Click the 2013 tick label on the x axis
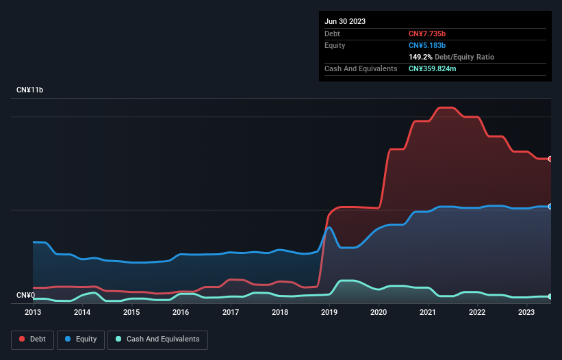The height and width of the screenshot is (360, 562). point(33,312)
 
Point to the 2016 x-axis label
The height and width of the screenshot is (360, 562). point(181,312)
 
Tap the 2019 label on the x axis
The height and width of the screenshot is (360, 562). point(329,312)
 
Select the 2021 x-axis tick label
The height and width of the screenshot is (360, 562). point(428,312)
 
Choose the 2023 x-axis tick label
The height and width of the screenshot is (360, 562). point(526,312)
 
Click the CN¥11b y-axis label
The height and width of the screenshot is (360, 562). point(30,90)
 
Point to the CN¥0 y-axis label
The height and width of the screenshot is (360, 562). point(25,295)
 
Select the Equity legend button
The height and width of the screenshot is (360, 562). point(81,339)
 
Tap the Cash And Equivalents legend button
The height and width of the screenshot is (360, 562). point(157,339)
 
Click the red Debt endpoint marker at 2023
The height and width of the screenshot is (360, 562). point(550,159)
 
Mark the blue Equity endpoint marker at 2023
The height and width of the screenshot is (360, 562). point(550,206)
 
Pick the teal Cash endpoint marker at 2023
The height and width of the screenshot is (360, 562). point(550,296)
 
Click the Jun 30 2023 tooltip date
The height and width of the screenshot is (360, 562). point(345,21)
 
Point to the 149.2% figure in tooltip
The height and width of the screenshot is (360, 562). point(420,57)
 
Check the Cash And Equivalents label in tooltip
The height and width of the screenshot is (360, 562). point(361,68)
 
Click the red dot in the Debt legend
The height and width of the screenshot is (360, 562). point(22,339)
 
